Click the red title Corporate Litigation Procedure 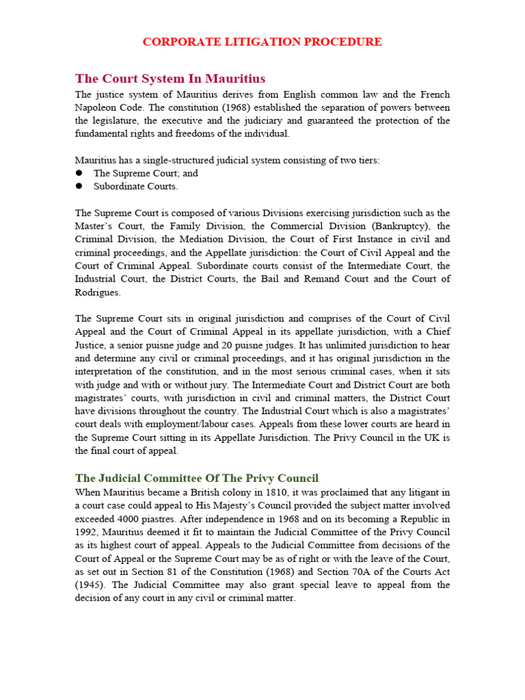coord(262,42)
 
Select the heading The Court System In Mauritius coord(170,78)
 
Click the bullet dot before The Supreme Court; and coord(79,173)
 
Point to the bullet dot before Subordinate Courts coord(79,186)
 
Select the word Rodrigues coord(98,291)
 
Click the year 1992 coord(86,532)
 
